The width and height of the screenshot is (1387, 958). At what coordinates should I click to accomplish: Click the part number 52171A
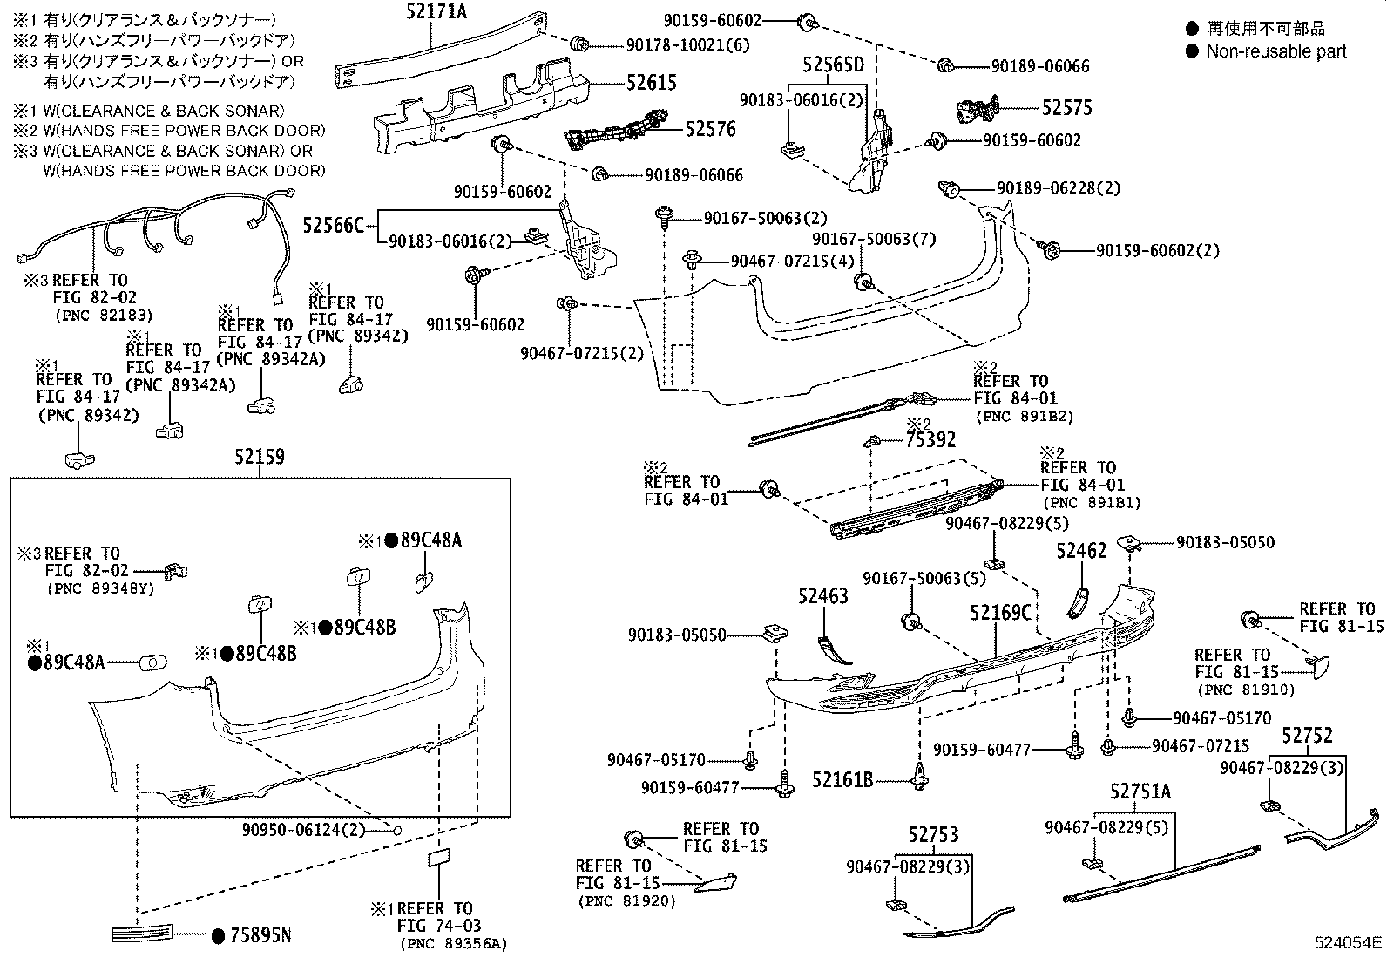coord(436,12)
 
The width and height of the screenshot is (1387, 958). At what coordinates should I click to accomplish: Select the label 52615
coord(652,83)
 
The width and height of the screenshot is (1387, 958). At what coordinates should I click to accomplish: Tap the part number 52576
coord(710,129)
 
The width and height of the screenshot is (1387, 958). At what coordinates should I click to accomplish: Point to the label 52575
coord(1067,108)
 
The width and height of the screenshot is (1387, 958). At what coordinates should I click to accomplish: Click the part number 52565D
coord(834,65)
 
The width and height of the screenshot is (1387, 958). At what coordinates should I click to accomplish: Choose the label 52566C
coord(333,225)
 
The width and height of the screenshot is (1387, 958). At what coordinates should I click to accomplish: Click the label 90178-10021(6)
coord(688,45)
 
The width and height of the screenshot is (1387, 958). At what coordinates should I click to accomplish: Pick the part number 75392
coord(930,439)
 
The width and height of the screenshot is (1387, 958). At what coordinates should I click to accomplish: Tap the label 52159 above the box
coord(260,457)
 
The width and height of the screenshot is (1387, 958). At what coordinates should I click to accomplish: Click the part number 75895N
coord(260,935)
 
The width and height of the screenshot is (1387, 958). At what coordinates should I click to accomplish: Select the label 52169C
coord(1001,613)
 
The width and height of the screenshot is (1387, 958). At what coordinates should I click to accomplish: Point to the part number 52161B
coord(842,779)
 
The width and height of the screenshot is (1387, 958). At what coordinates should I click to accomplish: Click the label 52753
coord(933,835)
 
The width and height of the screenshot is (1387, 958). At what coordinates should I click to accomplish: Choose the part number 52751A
coord(1140,792)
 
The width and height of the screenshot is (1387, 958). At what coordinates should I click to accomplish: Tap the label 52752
coord(1307,736)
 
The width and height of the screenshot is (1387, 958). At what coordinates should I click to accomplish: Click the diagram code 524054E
coord(1348,942)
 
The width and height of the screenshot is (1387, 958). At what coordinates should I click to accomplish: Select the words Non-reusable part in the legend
coord(1276,51)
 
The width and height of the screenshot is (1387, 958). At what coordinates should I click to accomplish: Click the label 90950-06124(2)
coord(303,829)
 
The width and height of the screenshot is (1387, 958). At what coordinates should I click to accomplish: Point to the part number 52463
coord(823,596)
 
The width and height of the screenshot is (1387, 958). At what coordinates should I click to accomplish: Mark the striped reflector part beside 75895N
coord(142,934)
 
